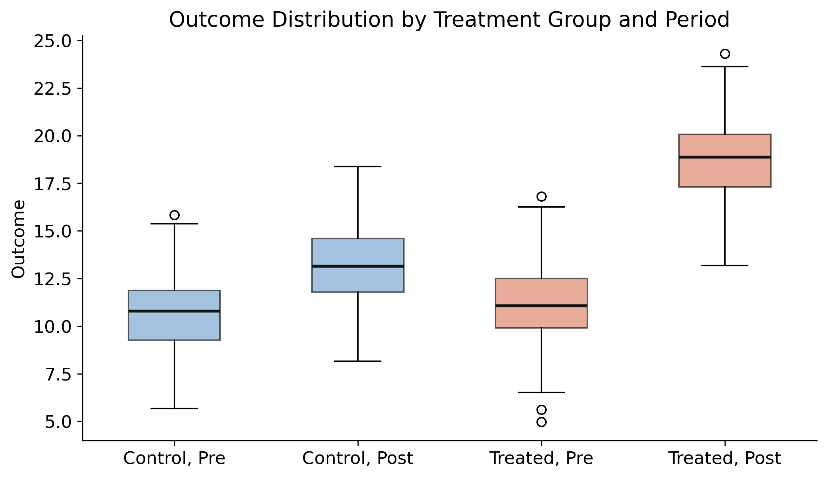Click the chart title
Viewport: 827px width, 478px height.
tap(449, 20)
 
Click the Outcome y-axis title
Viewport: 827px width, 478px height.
tap(18, 239)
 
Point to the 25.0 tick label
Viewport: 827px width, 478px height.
tap(52, 42)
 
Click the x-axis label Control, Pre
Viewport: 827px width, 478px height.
tap(174, 458)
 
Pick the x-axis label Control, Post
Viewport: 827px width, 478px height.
tap(358, 458)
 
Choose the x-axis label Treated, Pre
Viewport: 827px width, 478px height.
tap(541, 458)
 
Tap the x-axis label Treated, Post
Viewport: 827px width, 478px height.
tap(725, 458)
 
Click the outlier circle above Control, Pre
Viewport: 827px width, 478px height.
tap(174, 215)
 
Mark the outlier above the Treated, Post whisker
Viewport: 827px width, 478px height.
tap(725, 54)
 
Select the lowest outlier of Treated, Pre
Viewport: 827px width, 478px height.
tap(541, 422)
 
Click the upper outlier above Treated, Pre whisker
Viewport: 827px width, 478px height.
tap(541, 196)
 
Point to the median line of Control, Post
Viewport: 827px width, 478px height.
tap(358, 266)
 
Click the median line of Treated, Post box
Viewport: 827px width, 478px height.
tap(725, 157)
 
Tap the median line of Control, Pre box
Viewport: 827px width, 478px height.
tap(174, 311)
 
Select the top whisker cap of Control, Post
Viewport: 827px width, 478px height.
tap(358, 167)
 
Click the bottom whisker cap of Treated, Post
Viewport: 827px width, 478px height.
tap(725, 265)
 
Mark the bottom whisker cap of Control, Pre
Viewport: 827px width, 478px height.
tap(174, 409)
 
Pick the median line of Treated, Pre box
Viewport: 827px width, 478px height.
tap(541, 306)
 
